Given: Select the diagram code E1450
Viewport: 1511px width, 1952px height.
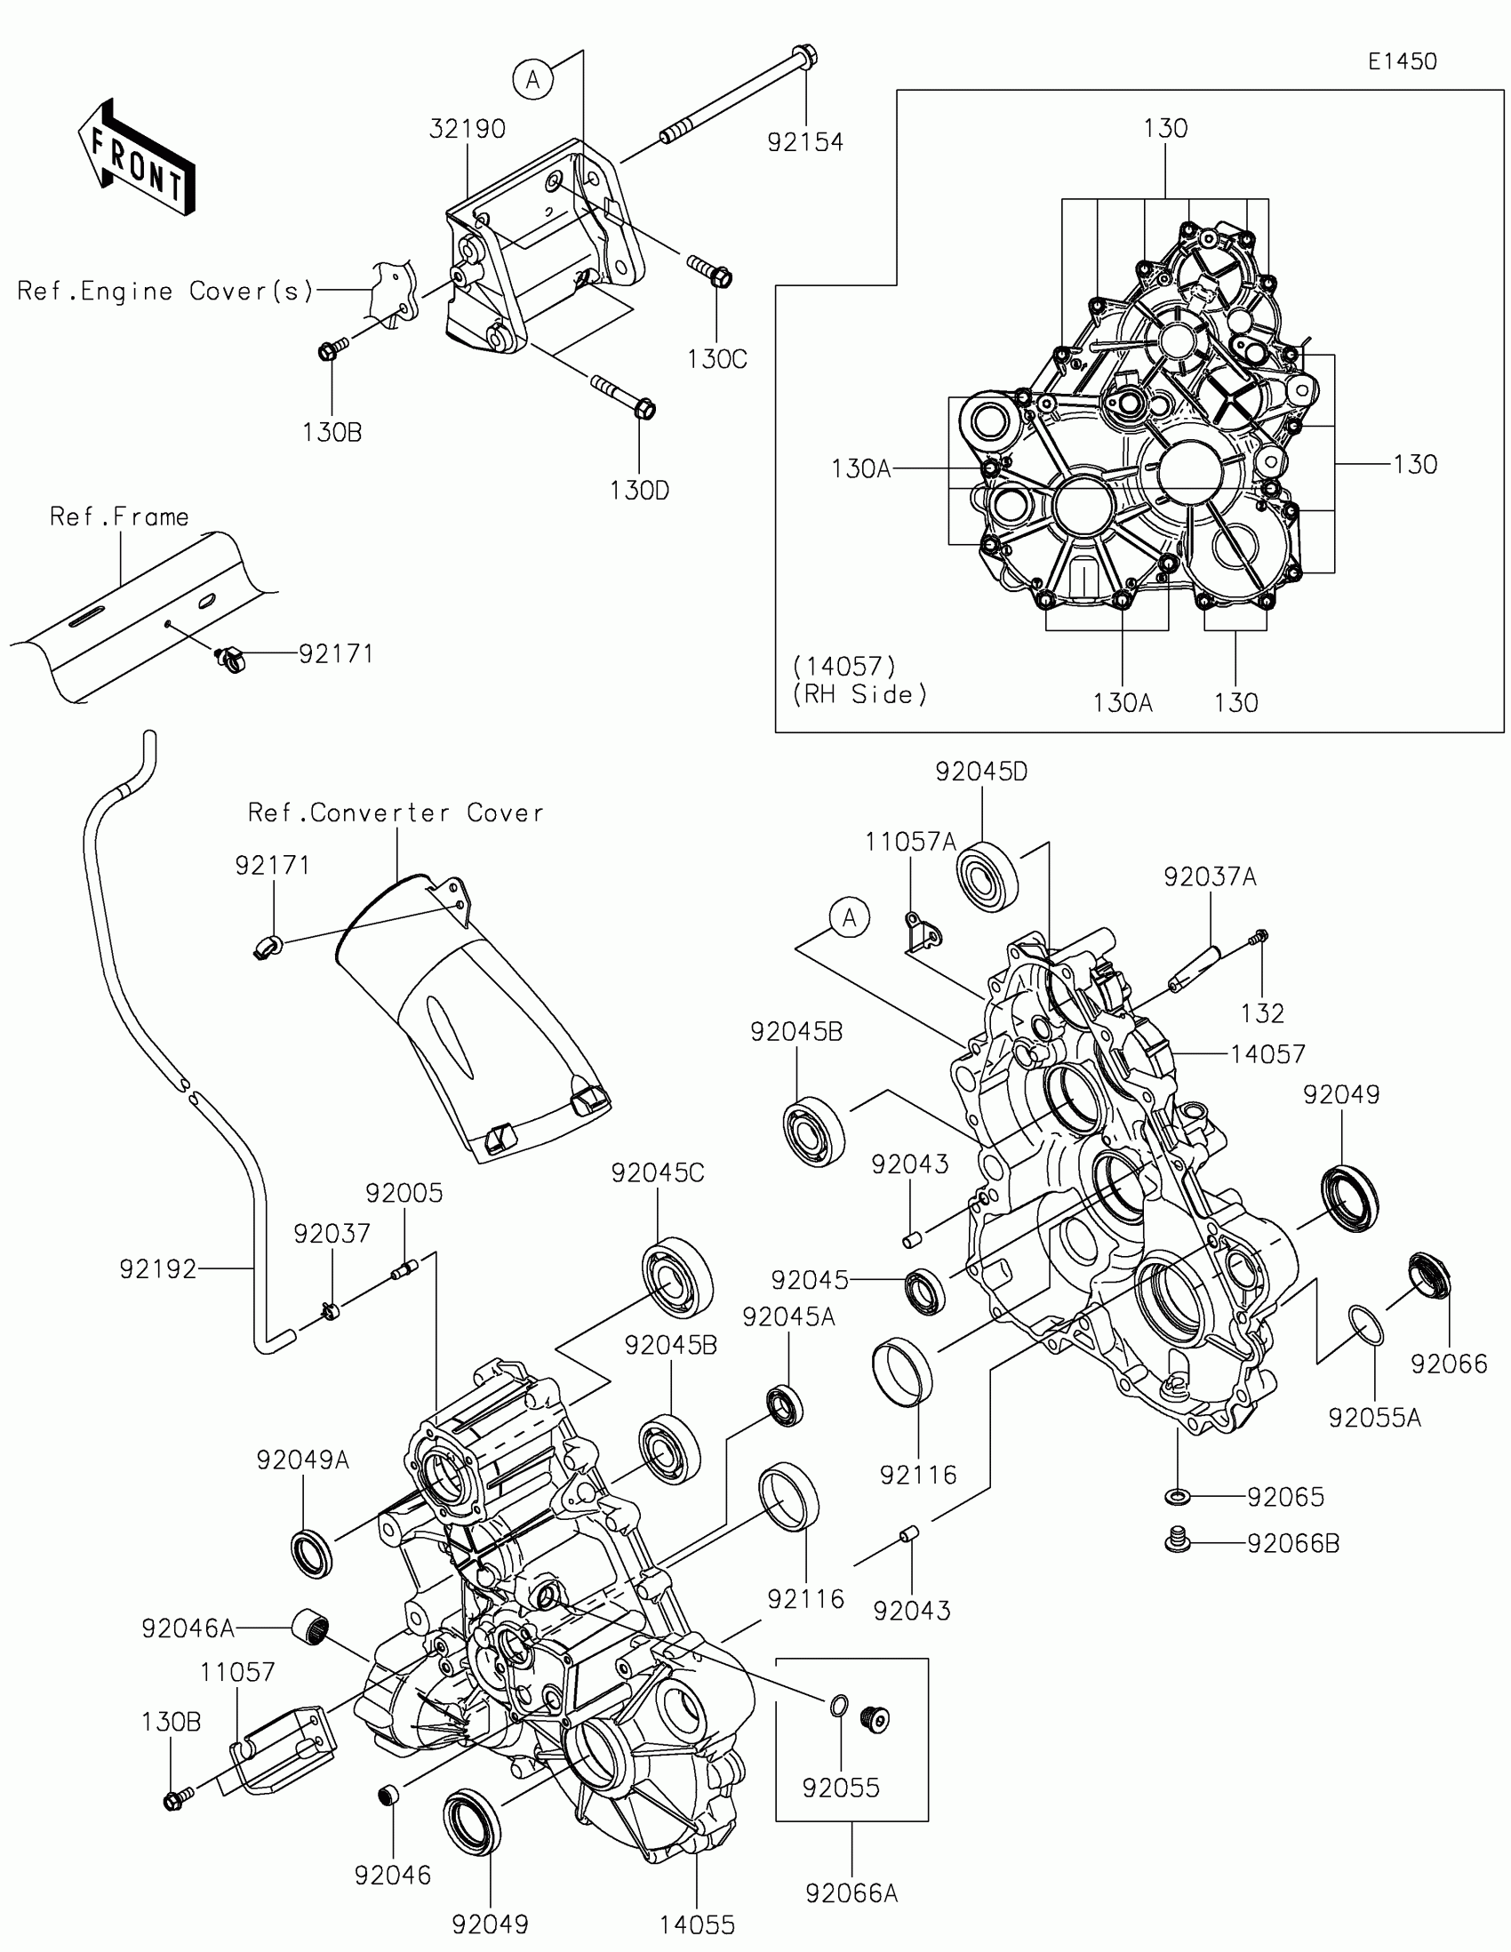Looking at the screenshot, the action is point(1402,61).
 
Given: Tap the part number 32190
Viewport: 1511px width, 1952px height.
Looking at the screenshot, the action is point(468,129).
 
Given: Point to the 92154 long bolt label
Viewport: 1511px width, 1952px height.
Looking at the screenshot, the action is point(805,141).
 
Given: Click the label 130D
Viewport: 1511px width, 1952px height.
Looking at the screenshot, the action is point(640,491).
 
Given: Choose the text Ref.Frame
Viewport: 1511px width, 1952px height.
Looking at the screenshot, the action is point(119,516).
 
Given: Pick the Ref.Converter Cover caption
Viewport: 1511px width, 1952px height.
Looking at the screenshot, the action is point(396,812).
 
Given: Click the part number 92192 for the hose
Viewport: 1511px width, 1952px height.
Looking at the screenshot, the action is point(158,1269).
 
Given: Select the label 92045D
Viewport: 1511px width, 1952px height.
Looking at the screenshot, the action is point(981,772).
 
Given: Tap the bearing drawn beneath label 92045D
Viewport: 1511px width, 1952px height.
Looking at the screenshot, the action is point(988,876).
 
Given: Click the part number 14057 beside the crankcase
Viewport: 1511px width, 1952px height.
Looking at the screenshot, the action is point(1268,1054).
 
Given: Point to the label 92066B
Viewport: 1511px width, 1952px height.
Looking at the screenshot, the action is point(1293,1543).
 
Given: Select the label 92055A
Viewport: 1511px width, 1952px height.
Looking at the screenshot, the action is point(1374,1419).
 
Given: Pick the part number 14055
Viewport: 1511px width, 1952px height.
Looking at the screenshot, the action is point(697,1925).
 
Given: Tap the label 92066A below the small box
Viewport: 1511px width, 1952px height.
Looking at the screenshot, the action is point(851,1893).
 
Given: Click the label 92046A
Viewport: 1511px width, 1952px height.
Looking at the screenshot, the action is point(188,1628).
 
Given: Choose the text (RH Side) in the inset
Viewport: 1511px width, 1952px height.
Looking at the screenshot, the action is point(859,694).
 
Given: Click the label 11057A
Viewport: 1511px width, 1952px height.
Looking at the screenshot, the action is point(910,842).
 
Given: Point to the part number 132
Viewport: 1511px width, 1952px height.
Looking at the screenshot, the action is point(1263,1013).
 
